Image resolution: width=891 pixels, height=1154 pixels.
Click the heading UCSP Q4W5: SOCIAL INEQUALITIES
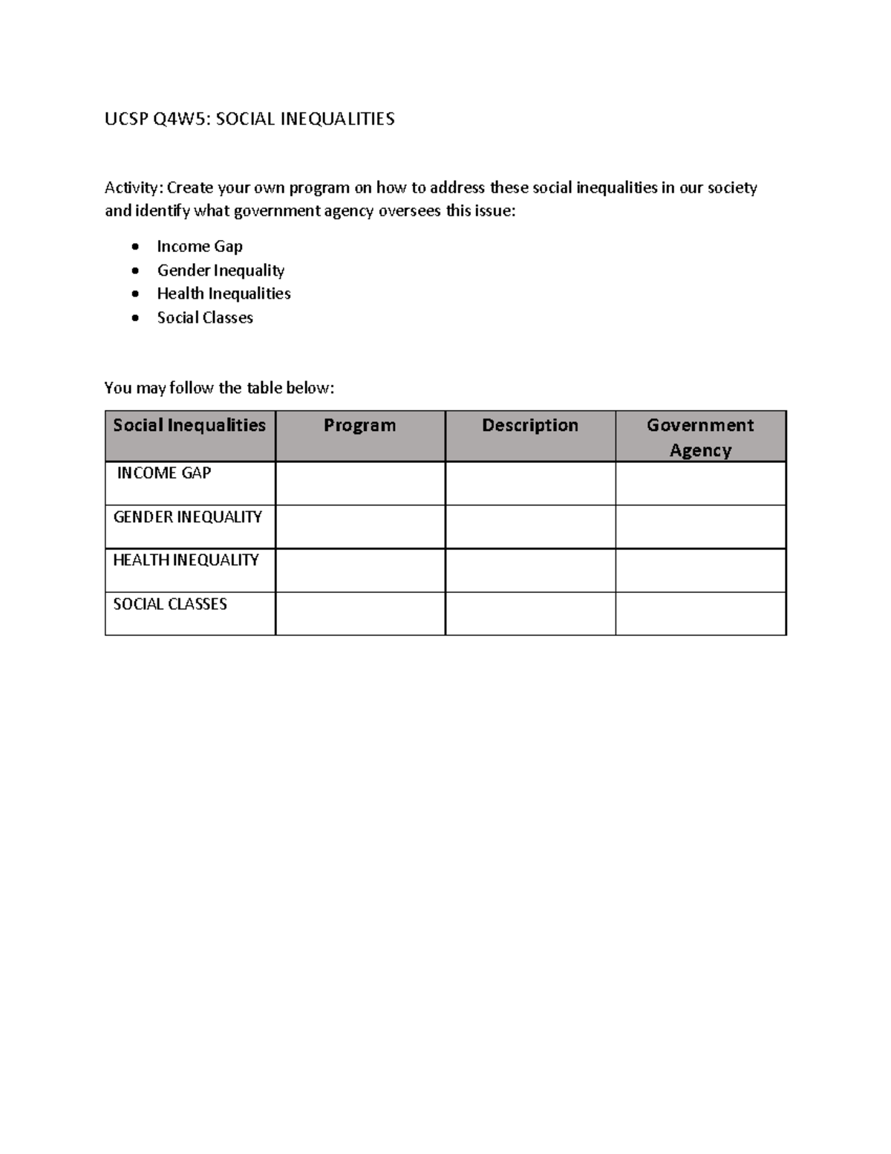coord(249,119)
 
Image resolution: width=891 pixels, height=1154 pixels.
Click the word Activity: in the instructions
coord(134,188)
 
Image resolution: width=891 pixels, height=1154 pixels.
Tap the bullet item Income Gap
coord(200,247)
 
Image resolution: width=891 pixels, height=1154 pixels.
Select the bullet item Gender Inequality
coord(221,270)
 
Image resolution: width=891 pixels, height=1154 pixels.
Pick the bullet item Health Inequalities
coord(223,294)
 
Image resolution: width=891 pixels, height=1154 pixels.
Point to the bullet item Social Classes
coord(205,318)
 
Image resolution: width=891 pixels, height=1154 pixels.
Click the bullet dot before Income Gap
coord(134,247)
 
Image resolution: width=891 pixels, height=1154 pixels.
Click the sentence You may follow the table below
coord(220,388)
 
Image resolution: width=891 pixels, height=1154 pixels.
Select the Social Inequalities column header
coord(189,426)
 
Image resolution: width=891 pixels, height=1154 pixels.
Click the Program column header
coord(360,426)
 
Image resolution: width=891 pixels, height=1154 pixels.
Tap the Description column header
coord(530,426)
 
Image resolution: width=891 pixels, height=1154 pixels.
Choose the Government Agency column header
coord(700,437)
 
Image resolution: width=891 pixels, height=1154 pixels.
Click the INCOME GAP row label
coord(164,473)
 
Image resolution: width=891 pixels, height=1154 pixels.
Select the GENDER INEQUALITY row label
coord(188,517)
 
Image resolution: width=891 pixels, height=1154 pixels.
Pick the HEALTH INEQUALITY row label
coord(186,560)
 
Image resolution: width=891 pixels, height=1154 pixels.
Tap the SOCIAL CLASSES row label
coord(170,604)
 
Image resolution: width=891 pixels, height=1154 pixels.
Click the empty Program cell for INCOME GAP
coord(360,484)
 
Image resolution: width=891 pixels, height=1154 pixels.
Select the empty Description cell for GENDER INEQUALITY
coord(530,527)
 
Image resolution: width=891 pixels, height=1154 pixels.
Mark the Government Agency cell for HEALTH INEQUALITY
coord(700,571)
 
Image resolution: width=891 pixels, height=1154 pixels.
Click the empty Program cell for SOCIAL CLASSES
coord(360,614)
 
